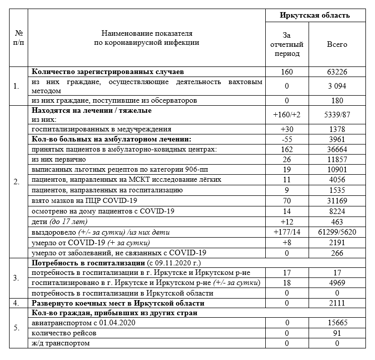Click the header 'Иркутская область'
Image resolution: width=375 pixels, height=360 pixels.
(x=315, y=16)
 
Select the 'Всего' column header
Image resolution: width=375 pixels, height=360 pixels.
(x=337, y=44)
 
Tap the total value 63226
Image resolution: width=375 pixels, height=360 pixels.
(x=337, y=72)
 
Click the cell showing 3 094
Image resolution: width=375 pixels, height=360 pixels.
(x=337, y=86)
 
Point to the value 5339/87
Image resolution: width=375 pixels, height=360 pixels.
(x=337, y=115)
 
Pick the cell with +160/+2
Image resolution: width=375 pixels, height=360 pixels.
(x=287, y=115)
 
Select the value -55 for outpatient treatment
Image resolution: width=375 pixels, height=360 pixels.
(x=287, y=138)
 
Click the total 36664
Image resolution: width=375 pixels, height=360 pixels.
(x=337, y=150)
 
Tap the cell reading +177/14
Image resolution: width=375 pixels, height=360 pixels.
(x=287, y=232)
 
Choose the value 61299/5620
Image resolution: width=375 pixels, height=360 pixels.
(x=337, y=232)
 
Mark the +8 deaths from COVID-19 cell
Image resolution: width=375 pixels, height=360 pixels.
(x=287, y=242)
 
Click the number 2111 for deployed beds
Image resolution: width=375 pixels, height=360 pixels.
(x=337, y=303)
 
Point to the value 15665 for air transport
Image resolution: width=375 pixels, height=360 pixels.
(x=337, y=323)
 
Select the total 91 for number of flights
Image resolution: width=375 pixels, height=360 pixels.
(x=337, y=333)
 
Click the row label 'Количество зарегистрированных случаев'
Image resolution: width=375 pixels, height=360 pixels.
(x=108, y=72)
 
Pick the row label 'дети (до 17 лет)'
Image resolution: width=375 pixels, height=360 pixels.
(x=59, y=222)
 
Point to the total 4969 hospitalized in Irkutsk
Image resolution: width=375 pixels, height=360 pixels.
(x=337, y=283)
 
